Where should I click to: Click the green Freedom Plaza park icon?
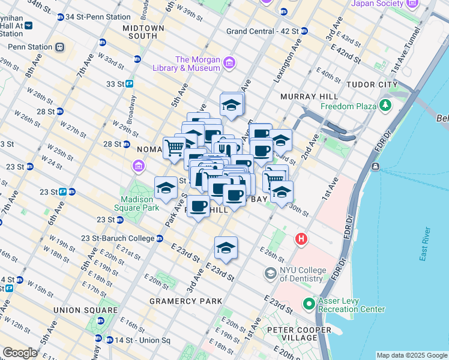pos(385,107)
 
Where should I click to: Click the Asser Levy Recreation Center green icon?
pos(309,304)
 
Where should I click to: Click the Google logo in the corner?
pos(20,353)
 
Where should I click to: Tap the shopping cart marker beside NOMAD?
pos(174,146)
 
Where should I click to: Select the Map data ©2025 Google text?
pos(411,355)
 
